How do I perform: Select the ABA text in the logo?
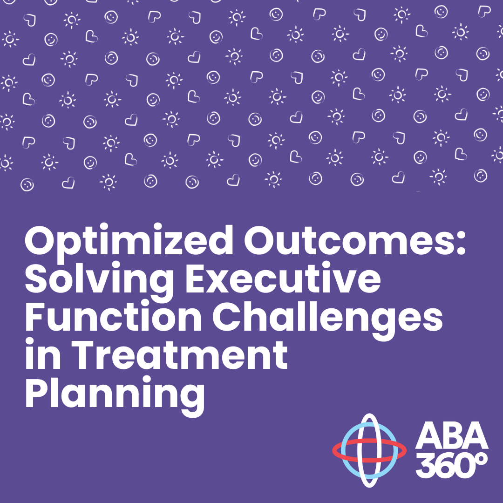point(452,436)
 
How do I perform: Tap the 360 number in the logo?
point(445,465)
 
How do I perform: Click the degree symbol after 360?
point(482,458)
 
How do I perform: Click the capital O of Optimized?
point(41,241)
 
